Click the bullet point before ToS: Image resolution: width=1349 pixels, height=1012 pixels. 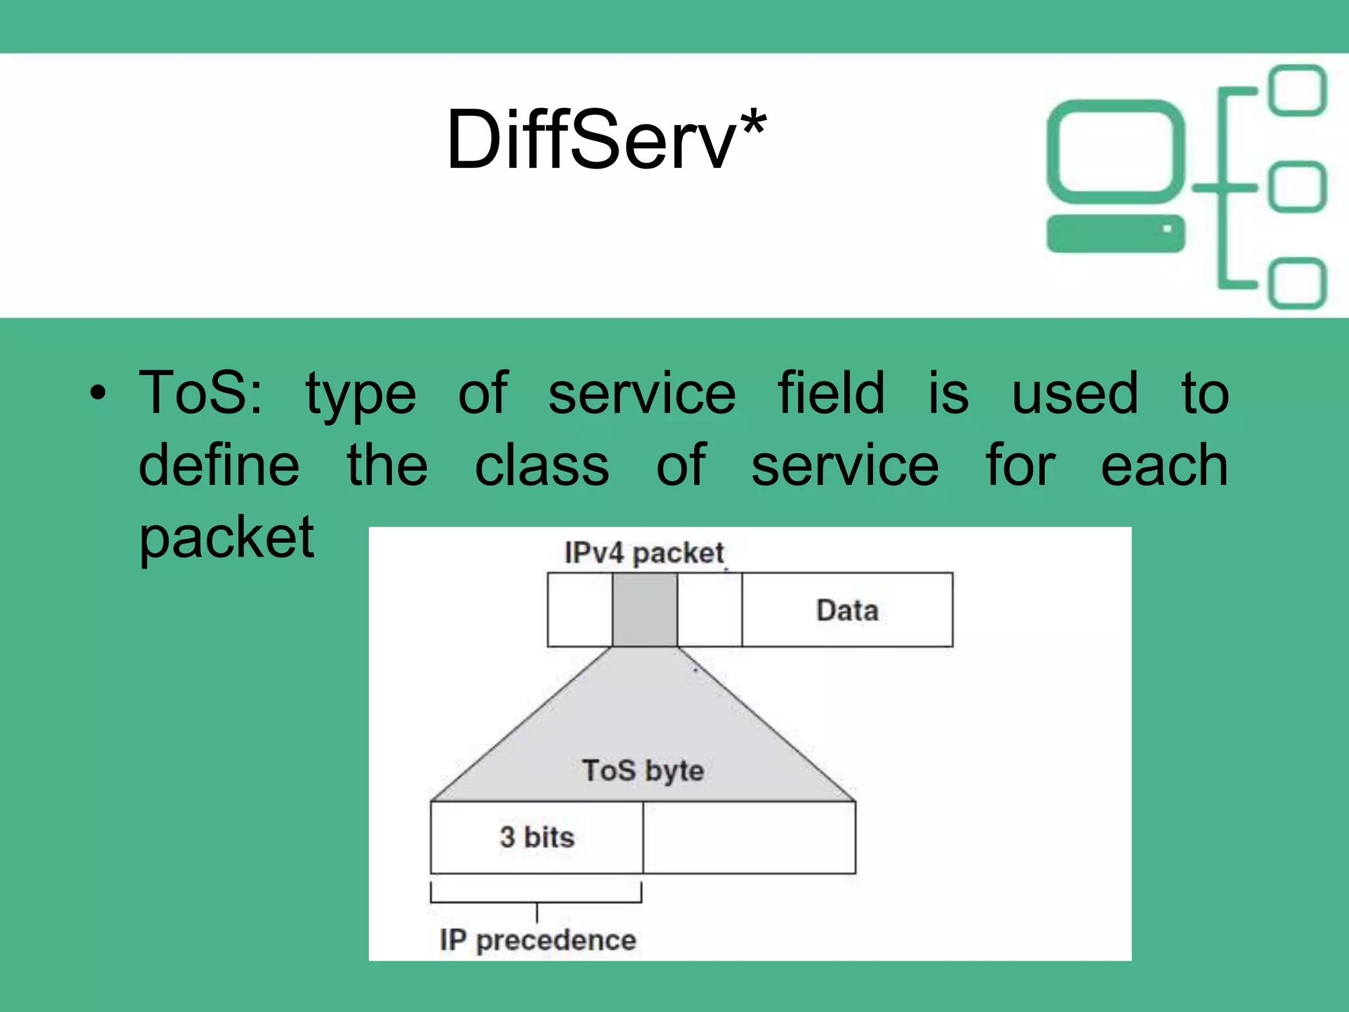pyautogui.click(x=97, y=394)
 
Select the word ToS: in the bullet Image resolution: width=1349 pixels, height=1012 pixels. pyautogui.click(x=201, y=393)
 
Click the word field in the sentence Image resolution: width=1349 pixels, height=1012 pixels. pyautogui.click(x=831, y=393)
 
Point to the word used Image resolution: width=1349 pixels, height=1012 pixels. pyautogui.click(x=1074, y=393)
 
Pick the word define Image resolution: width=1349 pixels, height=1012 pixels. pyautogui.click(x=219, y=466)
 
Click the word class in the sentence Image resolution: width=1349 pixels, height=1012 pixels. pyautogui.click(x=541, y=466)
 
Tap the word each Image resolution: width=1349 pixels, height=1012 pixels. pyautogui.click(x=1164, y=466)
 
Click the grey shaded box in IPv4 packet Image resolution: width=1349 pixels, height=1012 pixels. pyautogui.click(x=644, y=609)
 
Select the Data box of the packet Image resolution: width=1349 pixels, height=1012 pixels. pyautogui.click(x=847, y=610)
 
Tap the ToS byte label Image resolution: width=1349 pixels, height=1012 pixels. pyautogui.click(x=643, y=771)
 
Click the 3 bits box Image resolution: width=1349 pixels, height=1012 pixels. pyautogui.click(x=536, y=837)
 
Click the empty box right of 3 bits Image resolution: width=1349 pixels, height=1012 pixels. pyautogui.click(x=749, y=837)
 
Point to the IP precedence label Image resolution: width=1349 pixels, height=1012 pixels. pyautogui.click(x=537, y=940)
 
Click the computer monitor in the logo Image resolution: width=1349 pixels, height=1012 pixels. pyautogui.click(x=1115, y=152)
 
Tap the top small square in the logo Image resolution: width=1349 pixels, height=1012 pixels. pyautogui.click(x=1297, y=90)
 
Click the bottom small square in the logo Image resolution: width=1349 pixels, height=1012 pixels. pyautogui.click(x=1297, y=283)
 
